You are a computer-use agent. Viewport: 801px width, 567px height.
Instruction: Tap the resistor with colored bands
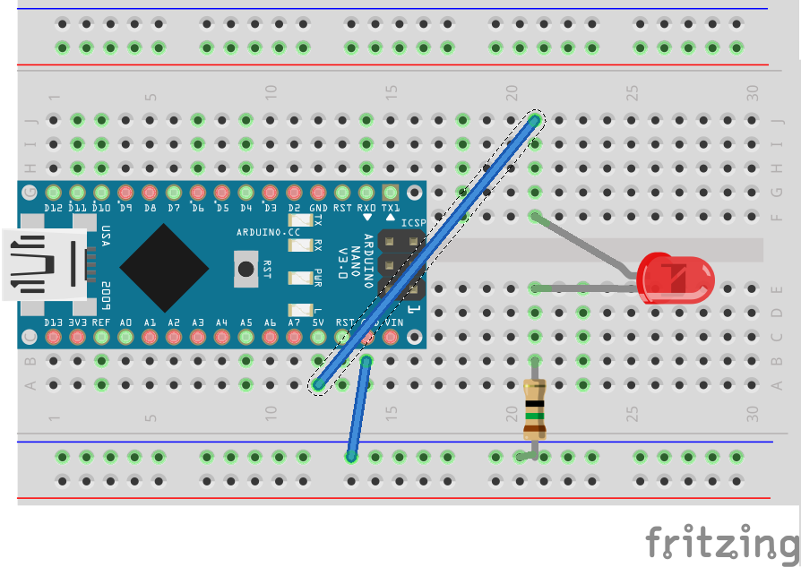(x=534, y=408)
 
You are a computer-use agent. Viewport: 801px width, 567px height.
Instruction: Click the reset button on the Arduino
(x=245, y=268)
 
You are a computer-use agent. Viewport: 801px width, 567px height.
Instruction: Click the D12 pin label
(x=53, y=208)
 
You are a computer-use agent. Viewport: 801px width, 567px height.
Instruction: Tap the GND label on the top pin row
(x=318, y=208)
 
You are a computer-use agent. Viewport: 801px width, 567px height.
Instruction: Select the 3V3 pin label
(x=77, y=322)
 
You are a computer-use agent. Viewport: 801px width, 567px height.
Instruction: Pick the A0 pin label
(x=125, y=322)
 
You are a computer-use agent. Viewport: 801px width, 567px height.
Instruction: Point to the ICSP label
(x=412, y=223)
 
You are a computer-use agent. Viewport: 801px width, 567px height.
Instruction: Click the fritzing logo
(x=722, y=543)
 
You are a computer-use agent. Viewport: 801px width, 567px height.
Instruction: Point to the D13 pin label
(x=53, y=322)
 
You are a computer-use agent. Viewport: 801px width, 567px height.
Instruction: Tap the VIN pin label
(x=391, y=322)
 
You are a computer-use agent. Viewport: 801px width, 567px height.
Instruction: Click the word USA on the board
(x=105, y=236)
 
